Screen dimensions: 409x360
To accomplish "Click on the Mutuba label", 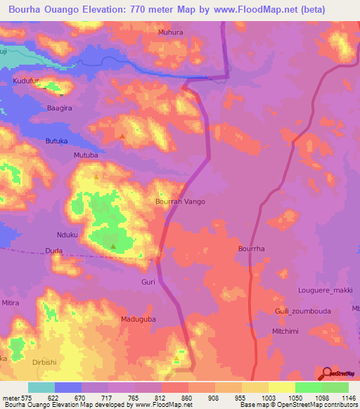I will click(86, 155).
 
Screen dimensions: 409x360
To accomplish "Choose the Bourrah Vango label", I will click(180, 202).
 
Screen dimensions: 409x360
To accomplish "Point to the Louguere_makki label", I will click(325, 290).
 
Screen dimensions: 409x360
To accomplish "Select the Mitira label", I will click(11, 303).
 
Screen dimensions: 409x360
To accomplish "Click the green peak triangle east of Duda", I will click(113, 246).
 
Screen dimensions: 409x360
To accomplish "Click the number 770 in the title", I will click(157, 9).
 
